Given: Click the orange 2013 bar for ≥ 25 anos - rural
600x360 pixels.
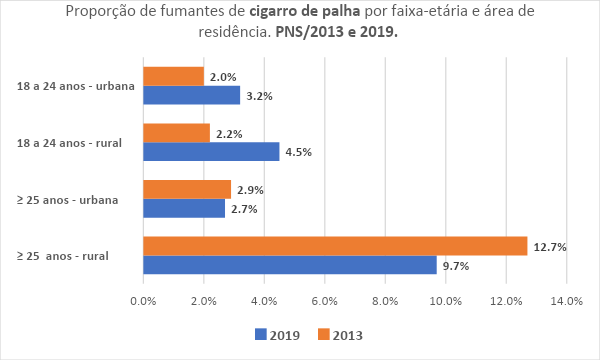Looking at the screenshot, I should tap(335, 246).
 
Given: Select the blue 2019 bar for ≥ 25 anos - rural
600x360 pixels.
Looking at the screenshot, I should tap(290, 265).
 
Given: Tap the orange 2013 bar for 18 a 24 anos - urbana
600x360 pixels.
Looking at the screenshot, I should tap(173, 76).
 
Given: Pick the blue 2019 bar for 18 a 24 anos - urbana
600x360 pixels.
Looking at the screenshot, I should tap(191, 95).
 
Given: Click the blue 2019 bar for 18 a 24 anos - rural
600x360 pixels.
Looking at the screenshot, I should tap(211, 152).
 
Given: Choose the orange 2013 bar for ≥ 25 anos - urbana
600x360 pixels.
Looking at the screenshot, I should tap(187, 189).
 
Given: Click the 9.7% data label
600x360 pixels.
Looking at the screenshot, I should tap(456, 266).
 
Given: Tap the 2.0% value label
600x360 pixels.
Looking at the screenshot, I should tap(223, 77).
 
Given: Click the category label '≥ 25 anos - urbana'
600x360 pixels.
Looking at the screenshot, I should tap(68, 200).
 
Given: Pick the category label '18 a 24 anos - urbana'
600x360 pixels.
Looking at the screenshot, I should tap(76, 86).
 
